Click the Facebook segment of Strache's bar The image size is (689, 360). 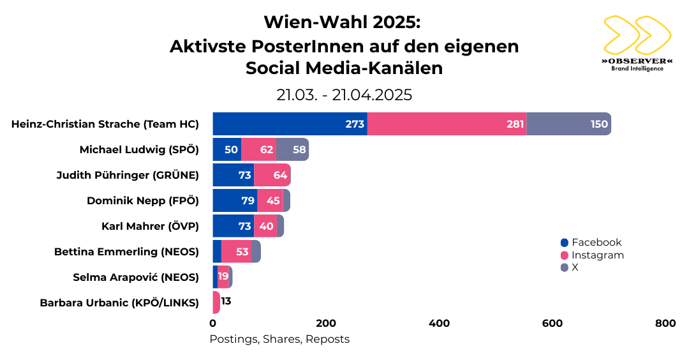[290, 124]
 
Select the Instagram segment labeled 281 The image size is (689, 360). [447, 124]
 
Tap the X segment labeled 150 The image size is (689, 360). [568, 124]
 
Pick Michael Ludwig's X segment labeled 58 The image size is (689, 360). [293, 149]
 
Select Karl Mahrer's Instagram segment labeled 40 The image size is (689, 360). [265, 226]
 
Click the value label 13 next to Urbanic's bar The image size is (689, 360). [226, 301]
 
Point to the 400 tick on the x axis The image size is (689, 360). [440, 324]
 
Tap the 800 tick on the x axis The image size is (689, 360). [665, 324]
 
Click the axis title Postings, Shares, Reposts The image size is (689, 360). [279, 340]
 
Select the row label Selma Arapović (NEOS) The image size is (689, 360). [136, 277]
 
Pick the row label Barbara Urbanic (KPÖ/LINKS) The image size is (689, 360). [119, 303]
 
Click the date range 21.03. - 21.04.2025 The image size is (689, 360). [344, 95]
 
